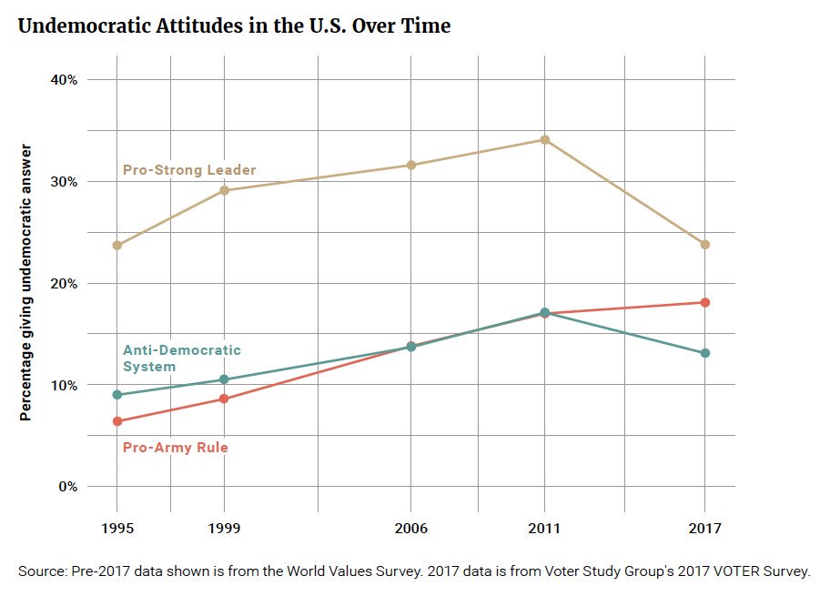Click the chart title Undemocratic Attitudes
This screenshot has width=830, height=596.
tap(234, 26)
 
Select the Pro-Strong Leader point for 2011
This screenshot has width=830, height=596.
tap(544, 139)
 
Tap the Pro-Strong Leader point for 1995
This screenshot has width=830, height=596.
tap(116, 246)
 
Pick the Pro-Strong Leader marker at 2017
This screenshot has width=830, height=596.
tap(704, 245)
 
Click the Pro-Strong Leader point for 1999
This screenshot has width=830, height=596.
tap(224, 190)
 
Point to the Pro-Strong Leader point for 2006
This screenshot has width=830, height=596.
tap(410, 165)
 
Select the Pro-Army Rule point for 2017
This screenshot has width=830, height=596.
tap(704, 302)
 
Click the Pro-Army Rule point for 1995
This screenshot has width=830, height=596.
tap(116, 421)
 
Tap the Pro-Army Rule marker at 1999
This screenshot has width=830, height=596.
tap(224, 399)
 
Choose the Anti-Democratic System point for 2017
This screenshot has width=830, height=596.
tap(704, 353)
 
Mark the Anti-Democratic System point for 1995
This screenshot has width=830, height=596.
tap(116, 395)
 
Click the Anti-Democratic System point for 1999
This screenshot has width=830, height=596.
tap(224, 379)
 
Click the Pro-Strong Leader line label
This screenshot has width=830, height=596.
tap(189, 170)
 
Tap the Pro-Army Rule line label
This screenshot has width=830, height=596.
tap(175, 448)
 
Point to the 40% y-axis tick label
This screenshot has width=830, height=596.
tap(63, 80)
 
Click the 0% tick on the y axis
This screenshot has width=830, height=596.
tap(66, 487)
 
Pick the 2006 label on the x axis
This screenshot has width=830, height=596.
tap(410, 529)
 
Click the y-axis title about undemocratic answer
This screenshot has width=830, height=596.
tap(26, 283)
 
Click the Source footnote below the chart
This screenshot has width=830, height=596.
tap(413, 571)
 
